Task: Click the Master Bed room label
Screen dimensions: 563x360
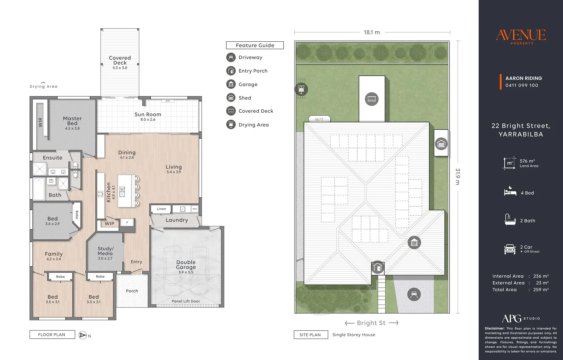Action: point(72,121)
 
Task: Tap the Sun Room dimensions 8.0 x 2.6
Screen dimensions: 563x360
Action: point(148,119)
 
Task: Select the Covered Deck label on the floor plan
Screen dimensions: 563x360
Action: point(120,60)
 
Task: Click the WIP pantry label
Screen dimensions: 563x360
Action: point(109,223)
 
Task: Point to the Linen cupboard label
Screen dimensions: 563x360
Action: point(161,209)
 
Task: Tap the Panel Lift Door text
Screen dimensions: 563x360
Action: point(186,301)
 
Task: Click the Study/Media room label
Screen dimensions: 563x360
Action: point(105,251)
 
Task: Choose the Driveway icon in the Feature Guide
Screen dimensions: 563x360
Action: point(231,57)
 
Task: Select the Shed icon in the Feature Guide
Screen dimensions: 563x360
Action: point(231,98)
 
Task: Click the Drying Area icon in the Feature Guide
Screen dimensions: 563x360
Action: point(231,124)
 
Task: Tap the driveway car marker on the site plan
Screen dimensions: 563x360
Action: point(414,294)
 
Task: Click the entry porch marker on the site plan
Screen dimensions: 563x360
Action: point(378,267)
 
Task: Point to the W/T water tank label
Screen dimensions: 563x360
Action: point(319,119)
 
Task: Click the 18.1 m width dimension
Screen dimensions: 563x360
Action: point(372,32)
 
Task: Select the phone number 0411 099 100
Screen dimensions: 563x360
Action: point(522,85)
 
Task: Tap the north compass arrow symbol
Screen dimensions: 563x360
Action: point(83,335)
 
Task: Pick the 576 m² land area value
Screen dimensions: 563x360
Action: point(527,161)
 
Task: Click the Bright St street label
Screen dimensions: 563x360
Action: point(371,323)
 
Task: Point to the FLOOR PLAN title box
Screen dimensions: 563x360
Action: point(52,335)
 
